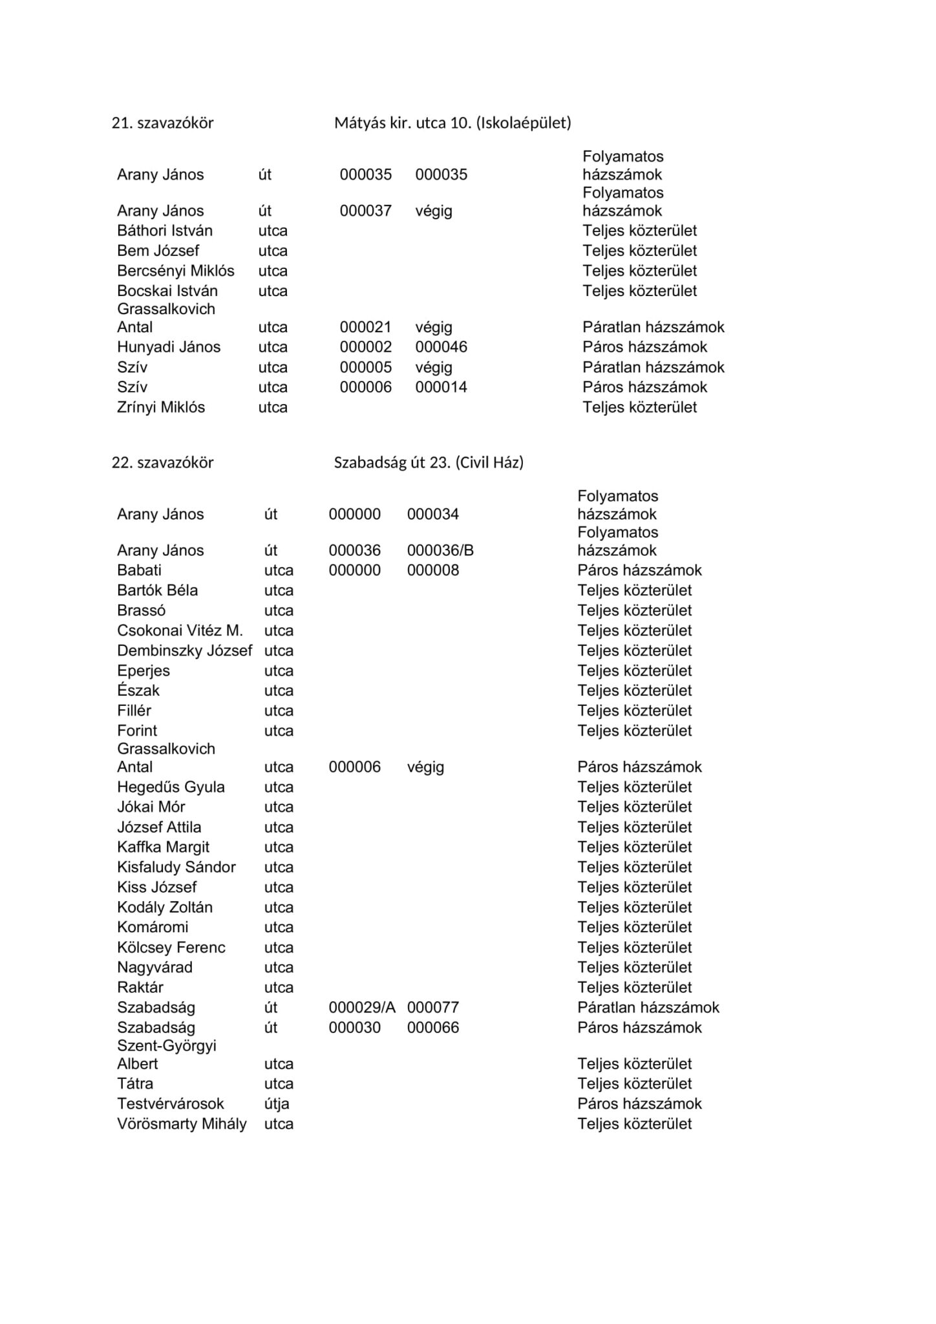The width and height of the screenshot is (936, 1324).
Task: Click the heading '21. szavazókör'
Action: pyautogui.click(x=162, y=123)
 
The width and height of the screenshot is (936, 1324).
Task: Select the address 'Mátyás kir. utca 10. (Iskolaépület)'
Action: pyautogui.click(x=452, y=123)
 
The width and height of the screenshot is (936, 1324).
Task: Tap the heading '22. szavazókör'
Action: pyautogui.click(x=162, y=462)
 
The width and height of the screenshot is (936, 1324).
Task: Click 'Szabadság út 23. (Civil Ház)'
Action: pyautogui.click(x=429, y=462)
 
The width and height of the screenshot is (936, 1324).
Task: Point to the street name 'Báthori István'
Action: pyautogui.click(x=165, y=231)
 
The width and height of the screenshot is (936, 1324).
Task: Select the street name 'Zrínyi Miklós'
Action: pyautogui.click(x=161, y=407)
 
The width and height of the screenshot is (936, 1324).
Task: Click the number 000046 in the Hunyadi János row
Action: pyautogui.click(x=441, y=347)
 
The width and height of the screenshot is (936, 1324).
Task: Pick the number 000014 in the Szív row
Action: pyautogui.click(x=441, y=387)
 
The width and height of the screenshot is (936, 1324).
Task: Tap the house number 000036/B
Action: pyautogui.click(x=440, y=550)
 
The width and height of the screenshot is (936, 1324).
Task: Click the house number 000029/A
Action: pyautogui.click(x=362, y=1007)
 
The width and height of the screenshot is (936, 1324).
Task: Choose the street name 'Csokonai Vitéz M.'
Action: pyautogui.click(x=180, y=630)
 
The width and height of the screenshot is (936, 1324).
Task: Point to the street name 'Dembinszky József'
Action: pyautogui.click(x=184, y=650)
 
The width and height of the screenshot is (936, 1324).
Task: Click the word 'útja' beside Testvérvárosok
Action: pyautogui.click(x=277, y=1104)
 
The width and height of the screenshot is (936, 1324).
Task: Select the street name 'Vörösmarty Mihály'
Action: pyautogui.click(x=182, y=1124)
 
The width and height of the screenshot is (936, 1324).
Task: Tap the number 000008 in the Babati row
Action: pyautogui.click(x=433, y=570)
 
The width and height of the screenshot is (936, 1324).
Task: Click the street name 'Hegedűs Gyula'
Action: pyautogui.click(x=171, y=787)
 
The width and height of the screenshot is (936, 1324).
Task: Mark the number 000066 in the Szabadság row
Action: pyautogui.click(x=433, y=1027)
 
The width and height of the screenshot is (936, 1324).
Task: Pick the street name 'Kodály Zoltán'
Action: pyautogui.click(x=165, y=907)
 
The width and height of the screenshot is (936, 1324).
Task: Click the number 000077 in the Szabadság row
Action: pyautogui.click(x=433, y=1007)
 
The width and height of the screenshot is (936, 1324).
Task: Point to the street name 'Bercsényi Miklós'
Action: pyautogui.click(x=176, y=271)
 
